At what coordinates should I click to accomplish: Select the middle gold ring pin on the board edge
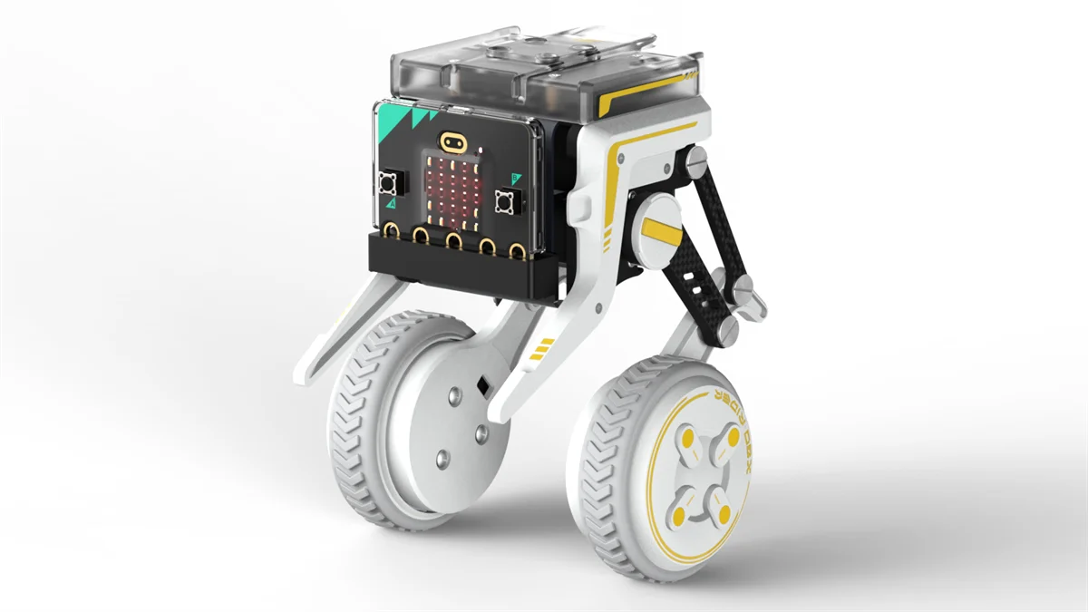tap(452, 240)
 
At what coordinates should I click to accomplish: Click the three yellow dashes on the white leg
tap(543, 348)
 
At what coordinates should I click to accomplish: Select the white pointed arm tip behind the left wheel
tap(308, 368)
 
